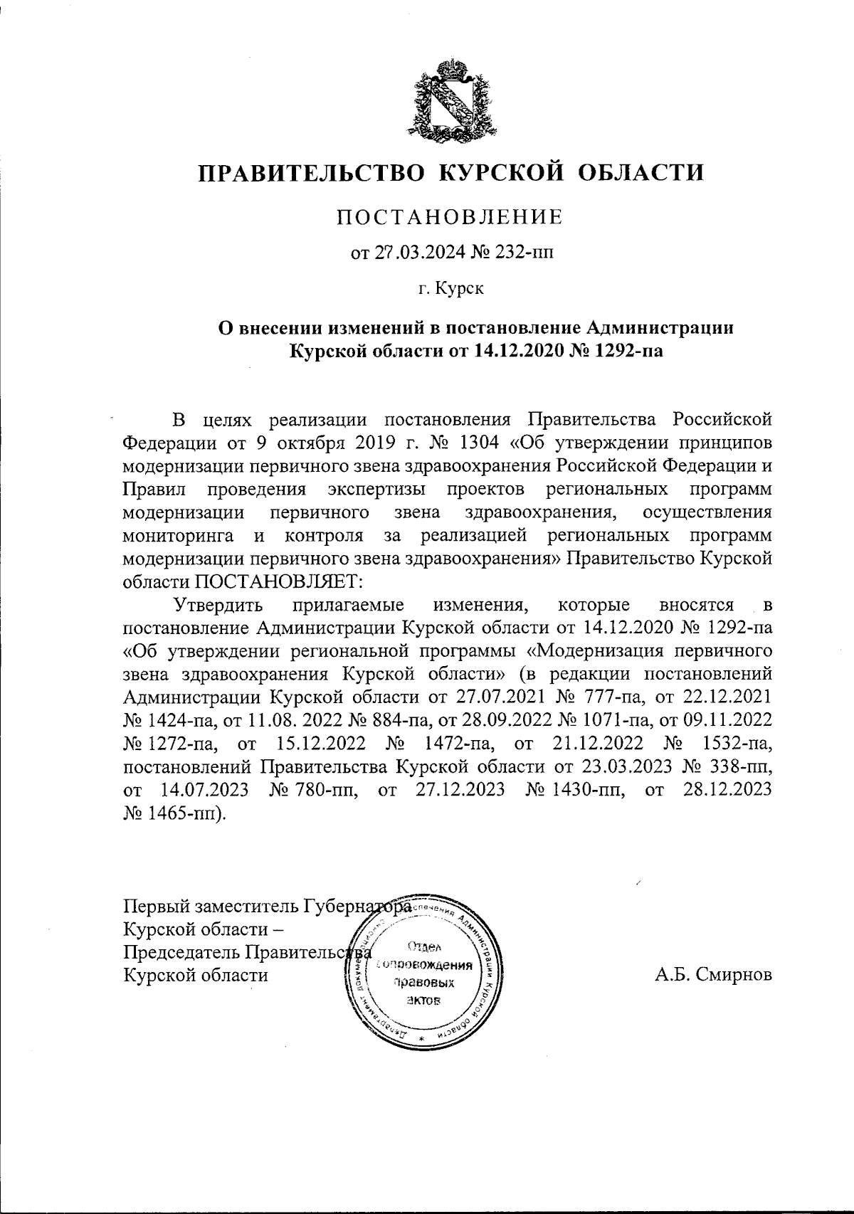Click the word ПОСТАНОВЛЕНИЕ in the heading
pyautogui.click(x=449, y=216)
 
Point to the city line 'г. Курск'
pyautogui.click(x=450, y=289)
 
